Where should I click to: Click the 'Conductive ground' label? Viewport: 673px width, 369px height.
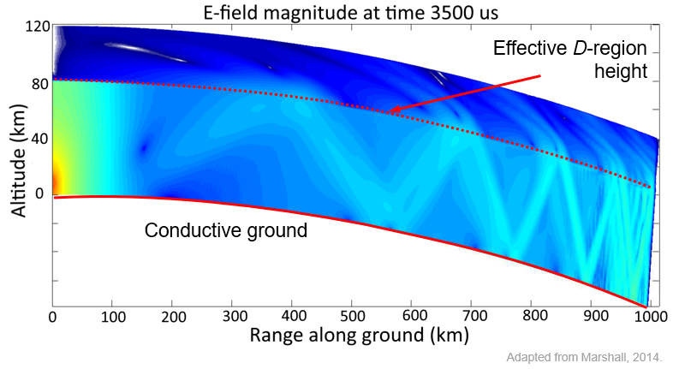tap(226, 230)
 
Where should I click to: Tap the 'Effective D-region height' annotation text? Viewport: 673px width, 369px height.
tap(570, 59)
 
